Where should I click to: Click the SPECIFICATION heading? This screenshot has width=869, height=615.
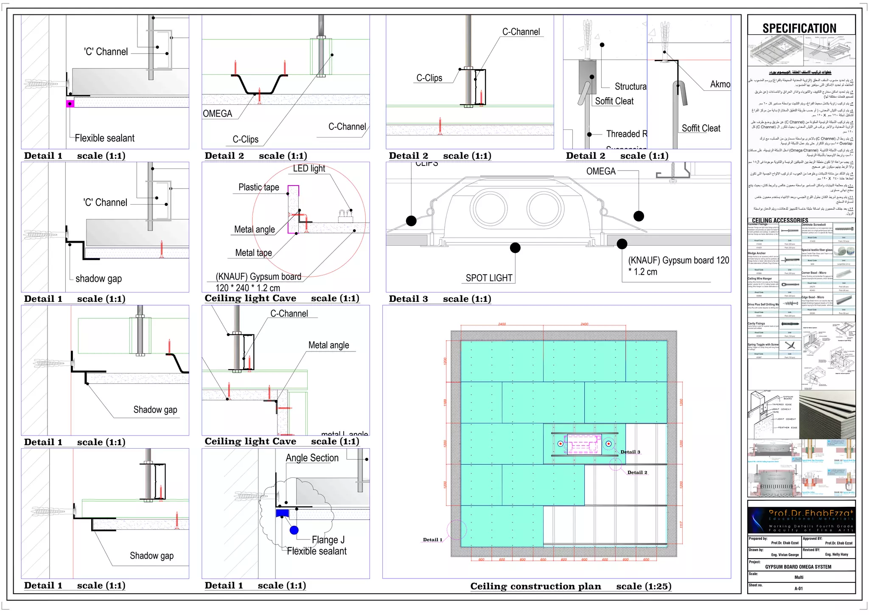pyautogui.click(x=799, y=28)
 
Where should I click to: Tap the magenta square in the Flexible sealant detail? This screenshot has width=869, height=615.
pyautogui.click(x=70, y=104)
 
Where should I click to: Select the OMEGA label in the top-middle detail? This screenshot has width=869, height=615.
pyautogui.click(x=217, y=114)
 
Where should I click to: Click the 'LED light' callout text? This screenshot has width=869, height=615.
pyautogui.click(x=309, y=168)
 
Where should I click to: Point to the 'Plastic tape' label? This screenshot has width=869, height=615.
pyautogui.click(x=258, y=187)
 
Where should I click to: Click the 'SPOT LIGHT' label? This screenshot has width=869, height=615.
pyautogui.click(x=489, y=278)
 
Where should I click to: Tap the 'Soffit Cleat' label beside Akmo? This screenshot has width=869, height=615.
pyautogui.click(x=701, y=128)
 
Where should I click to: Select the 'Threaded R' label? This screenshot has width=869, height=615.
pyautogui.click(x=626, y=134)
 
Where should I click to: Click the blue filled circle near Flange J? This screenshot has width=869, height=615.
pyautogui.click(x=294, y=530)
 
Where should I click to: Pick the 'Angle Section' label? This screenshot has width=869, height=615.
pyautogui.click(x=312, y=458)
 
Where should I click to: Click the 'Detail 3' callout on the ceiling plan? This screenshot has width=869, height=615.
pyautogui.click(x=630, y=452)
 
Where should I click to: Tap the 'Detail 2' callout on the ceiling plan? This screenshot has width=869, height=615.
pyautogui.click(x=637, y=472)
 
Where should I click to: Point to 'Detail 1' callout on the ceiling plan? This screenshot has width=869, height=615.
pyautogui.click(x=432, y=540)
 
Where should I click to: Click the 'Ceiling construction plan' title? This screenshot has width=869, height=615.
pyautogui.click(x=535, y=587)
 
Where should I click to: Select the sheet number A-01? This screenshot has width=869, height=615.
pyautogui.click(x=799, y=588)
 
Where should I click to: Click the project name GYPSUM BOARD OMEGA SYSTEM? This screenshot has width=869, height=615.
pyautogui.click(x=798, y=567)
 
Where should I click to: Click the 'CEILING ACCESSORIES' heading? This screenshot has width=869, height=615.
pyautogui.click(x=780, y=220)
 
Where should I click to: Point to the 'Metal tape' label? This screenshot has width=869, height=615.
pyautogui.click(x=253, y=253)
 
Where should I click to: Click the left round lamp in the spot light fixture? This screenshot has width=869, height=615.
pyautogui.click(x=491, y=208)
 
